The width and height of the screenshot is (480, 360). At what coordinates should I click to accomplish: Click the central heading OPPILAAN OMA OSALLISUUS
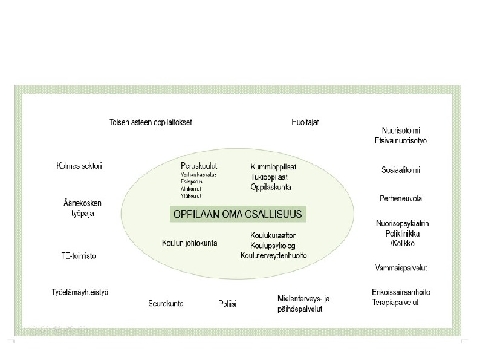tap(236, 214)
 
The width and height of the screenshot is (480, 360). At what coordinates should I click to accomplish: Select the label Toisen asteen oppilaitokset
tap(151, 122)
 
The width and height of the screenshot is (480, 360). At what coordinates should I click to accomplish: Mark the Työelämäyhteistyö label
tap(80, 293)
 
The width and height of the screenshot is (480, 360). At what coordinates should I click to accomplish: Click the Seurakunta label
tap(166, 303)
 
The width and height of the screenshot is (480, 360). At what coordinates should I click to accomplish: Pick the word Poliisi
tap(227, 303)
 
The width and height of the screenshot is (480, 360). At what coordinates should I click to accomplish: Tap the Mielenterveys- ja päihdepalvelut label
tap(303, 303)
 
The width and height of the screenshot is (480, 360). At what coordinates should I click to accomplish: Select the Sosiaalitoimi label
tap(400, 170)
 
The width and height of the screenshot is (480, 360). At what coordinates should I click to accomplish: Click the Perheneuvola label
tap(401, 198)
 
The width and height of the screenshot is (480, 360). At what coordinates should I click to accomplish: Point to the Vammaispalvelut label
tap(400, 267)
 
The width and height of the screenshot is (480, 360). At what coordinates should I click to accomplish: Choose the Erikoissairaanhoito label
tap(401, 292)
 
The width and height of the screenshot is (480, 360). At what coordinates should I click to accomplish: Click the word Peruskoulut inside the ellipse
tap(199, 166)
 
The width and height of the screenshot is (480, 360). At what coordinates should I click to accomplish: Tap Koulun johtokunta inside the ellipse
tap(189, 243)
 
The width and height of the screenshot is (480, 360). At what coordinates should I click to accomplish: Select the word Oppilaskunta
tap(271, 187)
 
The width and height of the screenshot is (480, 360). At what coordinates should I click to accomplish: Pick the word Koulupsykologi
tap(273, 245)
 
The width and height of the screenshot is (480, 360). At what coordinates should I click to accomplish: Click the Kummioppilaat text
tap(273, 166)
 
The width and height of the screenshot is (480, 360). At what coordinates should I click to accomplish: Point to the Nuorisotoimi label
tap(401, 130)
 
